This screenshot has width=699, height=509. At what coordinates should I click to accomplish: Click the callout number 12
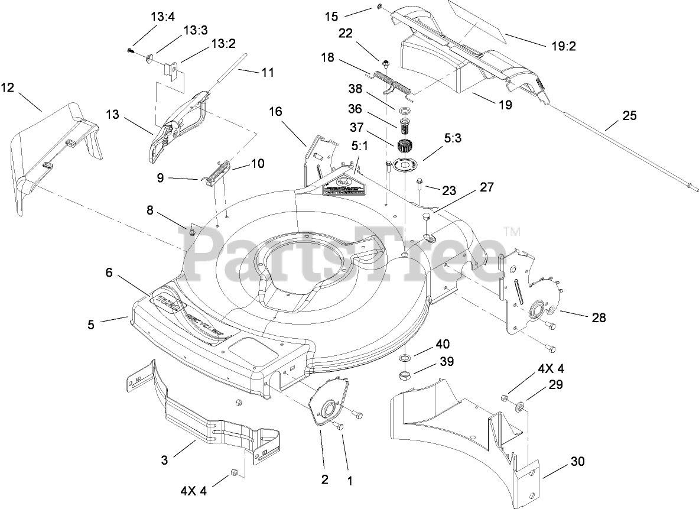7,88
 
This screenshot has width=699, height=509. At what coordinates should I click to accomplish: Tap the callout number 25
630,116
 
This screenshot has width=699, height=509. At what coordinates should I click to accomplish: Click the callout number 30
577,462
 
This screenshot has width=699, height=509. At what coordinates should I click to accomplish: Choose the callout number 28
599,317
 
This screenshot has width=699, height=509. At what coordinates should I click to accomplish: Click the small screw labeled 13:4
130,51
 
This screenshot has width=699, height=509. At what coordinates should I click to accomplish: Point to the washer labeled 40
407,358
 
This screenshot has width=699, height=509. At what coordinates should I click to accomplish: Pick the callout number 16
276,111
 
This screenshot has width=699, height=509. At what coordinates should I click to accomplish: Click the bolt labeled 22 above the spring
385,63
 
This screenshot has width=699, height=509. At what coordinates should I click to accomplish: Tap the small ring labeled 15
378,7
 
